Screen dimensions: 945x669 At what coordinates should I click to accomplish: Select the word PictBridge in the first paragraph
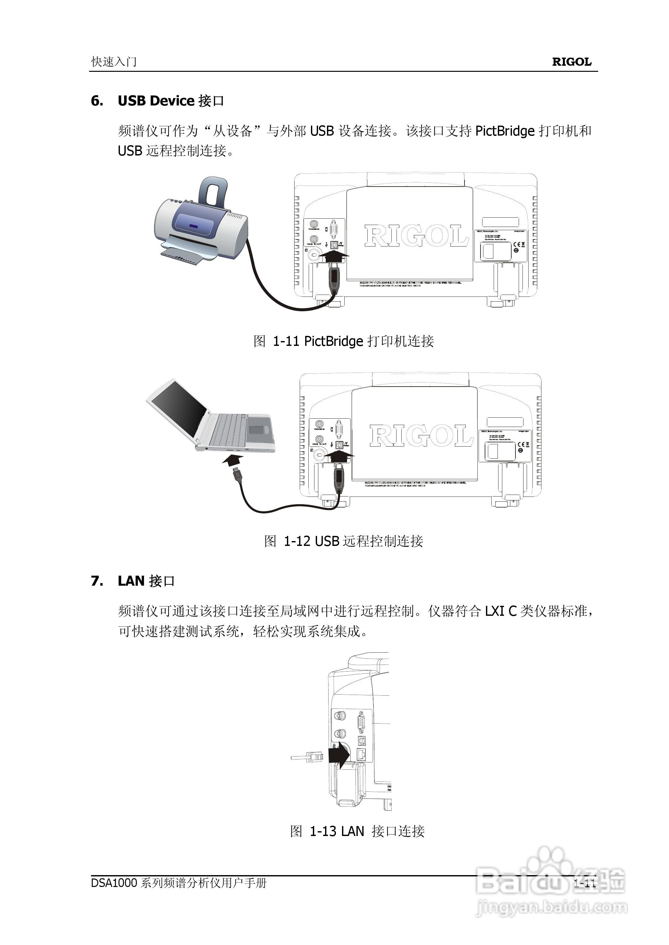coord(505,131)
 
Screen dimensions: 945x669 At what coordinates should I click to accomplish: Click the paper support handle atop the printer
coord(213,192)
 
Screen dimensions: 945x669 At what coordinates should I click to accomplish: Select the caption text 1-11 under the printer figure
coord(286,341)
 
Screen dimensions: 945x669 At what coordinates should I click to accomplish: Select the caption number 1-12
coord(297,541)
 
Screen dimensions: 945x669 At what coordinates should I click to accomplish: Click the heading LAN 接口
coord(146,581)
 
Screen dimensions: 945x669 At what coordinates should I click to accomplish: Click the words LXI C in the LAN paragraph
coord(500,611)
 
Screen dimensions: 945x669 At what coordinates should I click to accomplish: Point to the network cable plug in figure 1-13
coord(307,757)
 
